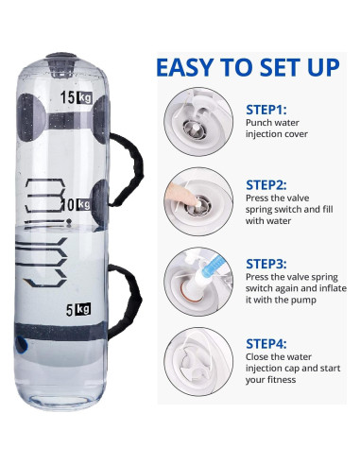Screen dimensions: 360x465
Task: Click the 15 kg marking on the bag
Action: [x=77, y=97]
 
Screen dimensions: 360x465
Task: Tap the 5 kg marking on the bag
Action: [x=78, y=309]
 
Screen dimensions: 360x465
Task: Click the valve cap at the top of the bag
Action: [x=61, y=64]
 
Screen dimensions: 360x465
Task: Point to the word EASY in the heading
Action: [x=185, y=67]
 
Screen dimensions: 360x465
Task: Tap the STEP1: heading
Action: [x=266, y=110]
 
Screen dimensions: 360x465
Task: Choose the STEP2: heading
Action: [x=266, y=185]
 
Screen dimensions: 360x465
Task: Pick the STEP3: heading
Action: [x=266, y=264]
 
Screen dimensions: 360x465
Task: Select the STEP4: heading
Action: [x=266, y=343]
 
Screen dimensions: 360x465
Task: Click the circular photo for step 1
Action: [x=198, y=121]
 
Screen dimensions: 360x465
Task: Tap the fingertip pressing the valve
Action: [x=197, y=202]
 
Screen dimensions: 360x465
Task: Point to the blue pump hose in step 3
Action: [x=214, y=266]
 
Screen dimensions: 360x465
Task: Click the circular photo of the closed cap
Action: [x=198, y=361]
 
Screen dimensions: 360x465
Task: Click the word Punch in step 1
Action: [x=259, y=122]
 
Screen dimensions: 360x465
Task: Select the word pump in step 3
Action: [x=304, y=301]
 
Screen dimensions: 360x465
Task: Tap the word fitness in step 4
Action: [x=280, y=379]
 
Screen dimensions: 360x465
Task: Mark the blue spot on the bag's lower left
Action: [x=21, y=344]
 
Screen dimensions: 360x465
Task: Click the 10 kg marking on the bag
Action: [x=77, y=205]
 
